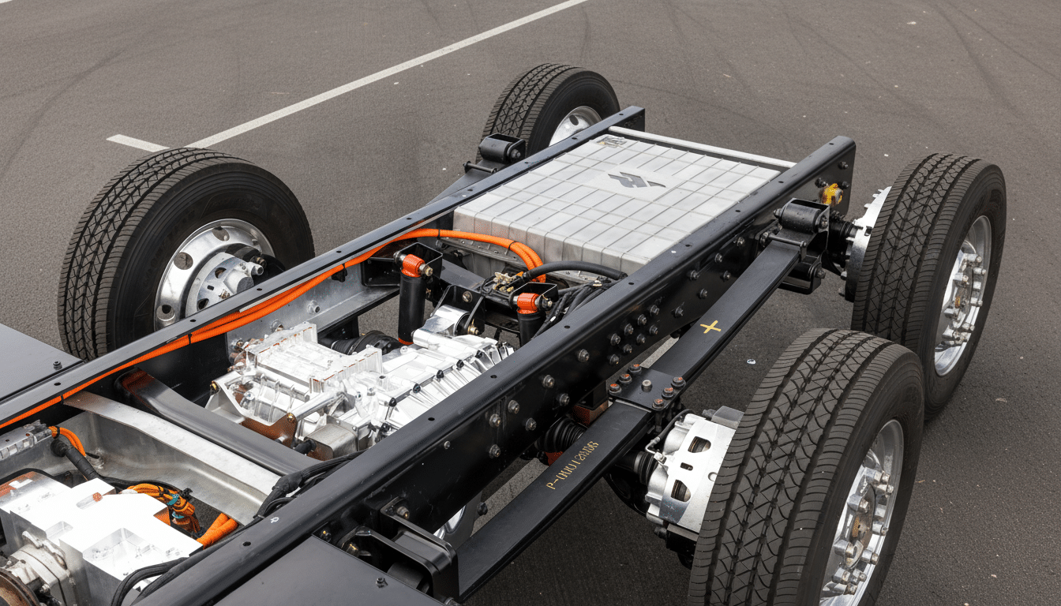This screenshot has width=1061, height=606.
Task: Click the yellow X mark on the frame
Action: (x=710, y=327)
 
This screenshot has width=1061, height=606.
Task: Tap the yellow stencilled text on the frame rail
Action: (x=573, y=465)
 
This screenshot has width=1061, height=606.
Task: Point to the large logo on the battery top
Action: (x=636, y=181)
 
